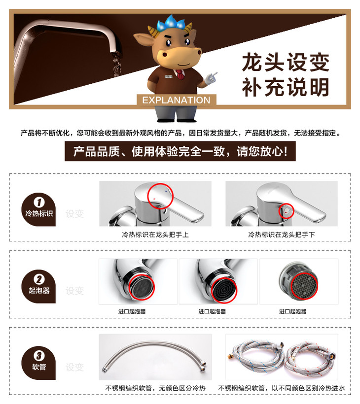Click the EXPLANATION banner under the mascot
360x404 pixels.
177,100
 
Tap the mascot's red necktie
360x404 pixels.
180,74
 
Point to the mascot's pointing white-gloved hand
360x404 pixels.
211,78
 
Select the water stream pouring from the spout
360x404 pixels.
116,64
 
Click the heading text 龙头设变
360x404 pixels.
286,63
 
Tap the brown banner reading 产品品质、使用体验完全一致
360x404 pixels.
180,151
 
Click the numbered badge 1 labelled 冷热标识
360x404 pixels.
38,209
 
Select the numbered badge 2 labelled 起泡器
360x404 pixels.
38,286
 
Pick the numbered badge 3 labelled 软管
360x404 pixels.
38,363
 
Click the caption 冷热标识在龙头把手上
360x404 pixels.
155,235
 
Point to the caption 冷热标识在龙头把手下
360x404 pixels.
282,235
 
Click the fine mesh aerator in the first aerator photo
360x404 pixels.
141,287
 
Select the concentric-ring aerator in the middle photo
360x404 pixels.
224,290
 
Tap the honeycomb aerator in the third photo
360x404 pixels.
304,286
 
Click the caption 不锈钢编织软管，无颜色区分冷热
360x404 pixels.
155,388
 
